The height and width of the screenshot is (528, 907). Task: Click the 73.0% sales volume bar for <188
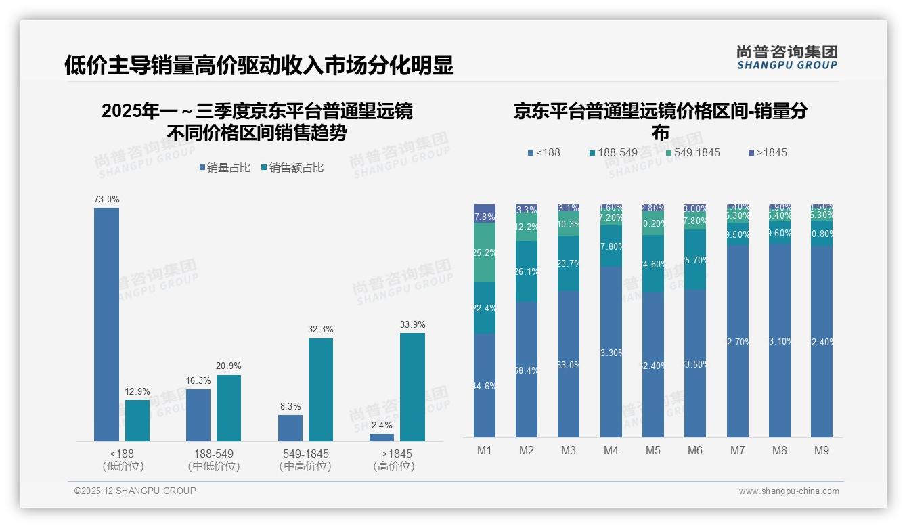106,324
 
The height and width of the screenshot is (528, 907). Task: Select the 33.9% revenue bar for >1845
412,387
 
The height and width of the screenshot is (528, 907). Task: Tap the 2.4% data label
382,426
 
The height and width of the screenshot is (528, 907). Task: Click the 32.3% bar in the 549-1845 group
321,389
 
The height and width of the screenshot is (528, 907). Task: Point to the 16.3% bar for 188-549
198,415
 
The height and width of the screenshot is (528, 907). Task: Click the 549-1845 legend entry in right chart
692,152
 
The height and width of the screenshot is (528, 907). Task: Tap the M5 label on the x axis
653,450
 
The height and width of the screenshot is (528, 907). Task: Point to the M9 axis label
822,450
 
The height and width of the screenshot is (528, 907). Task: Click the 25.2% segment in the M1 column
485,252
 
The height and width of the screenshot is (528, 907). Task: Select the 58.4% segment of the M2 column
527,369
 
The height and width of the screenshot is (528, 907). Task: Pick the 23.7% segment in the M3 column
569,263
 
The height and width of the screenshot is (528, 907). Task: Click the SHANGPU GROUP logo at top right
787,58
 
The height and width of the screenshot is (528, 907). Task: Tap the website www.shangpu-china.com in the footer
789,491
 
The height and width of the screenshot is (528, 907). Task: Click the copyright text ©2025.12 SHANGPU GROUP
135,491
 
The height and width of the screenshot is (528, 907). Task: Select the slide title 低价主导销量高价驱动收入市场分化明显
259,66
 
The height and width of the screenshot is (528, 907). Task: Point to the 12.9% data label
137,392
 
